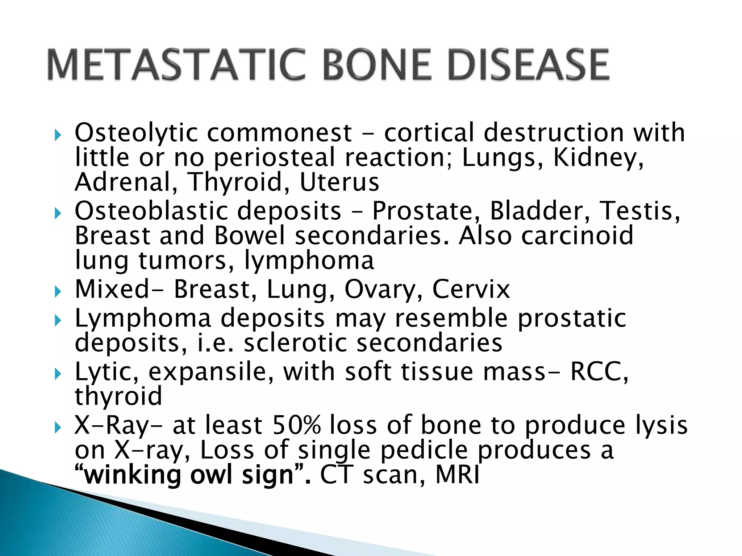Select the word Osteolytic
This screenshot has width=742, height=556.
coord(136,133)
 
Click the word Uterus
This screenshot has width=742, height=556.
coord(339,182)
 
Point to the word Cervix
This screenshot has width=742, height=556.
coord(471,290)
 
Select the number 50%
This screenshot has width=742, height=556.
coord(296,425)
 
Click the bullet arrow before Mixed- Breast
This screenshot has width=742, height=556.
coord(58,291)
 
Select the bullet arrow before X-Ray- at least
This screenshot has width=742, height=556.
coord(58,428)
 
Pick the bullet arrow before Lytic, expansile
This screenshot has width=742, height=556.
coord(58,374)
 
